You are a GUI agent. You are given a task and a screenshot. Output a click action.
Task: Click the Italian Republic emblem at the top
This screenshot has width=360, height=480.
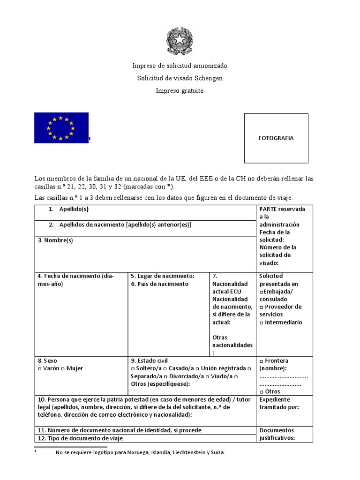(x=180, y=41)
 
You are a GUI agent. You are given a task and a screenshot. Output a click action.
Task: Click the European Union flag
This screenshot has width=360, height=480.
(x=61, y=127)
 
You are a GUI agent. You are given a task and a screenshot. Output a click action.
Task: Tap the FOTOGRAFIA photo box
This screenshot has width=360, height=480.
(x=276, y=138)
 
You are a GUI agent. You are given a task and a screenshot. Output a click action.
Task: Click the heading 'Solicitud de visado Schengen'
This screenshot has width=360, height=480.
(x=180, y=78)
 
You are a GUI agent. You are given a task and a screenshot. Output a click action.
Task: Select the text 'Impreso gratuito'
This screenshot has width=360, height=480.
(x=180, y=90)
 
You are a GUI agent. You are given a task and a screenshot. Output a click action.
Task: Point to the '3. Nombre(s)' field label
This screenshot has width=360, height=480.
(x=55, y=240)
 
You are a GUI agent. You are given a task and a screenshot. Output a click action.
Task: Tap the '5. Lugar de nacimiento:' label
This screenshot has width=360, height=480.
(x=162, y=276)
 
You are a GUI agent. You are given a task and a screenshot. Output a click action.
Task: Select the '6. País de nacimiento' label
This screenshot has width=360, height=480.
(x=159, y=284)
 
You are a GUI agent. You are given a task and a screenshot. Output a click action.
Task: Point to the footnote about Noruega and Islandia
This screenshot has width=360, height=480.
(x=140, y=452)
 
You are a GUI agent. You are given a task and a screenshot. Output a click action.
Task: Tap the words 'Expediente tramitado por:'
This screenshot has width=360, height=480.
(x=279, y=403)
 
